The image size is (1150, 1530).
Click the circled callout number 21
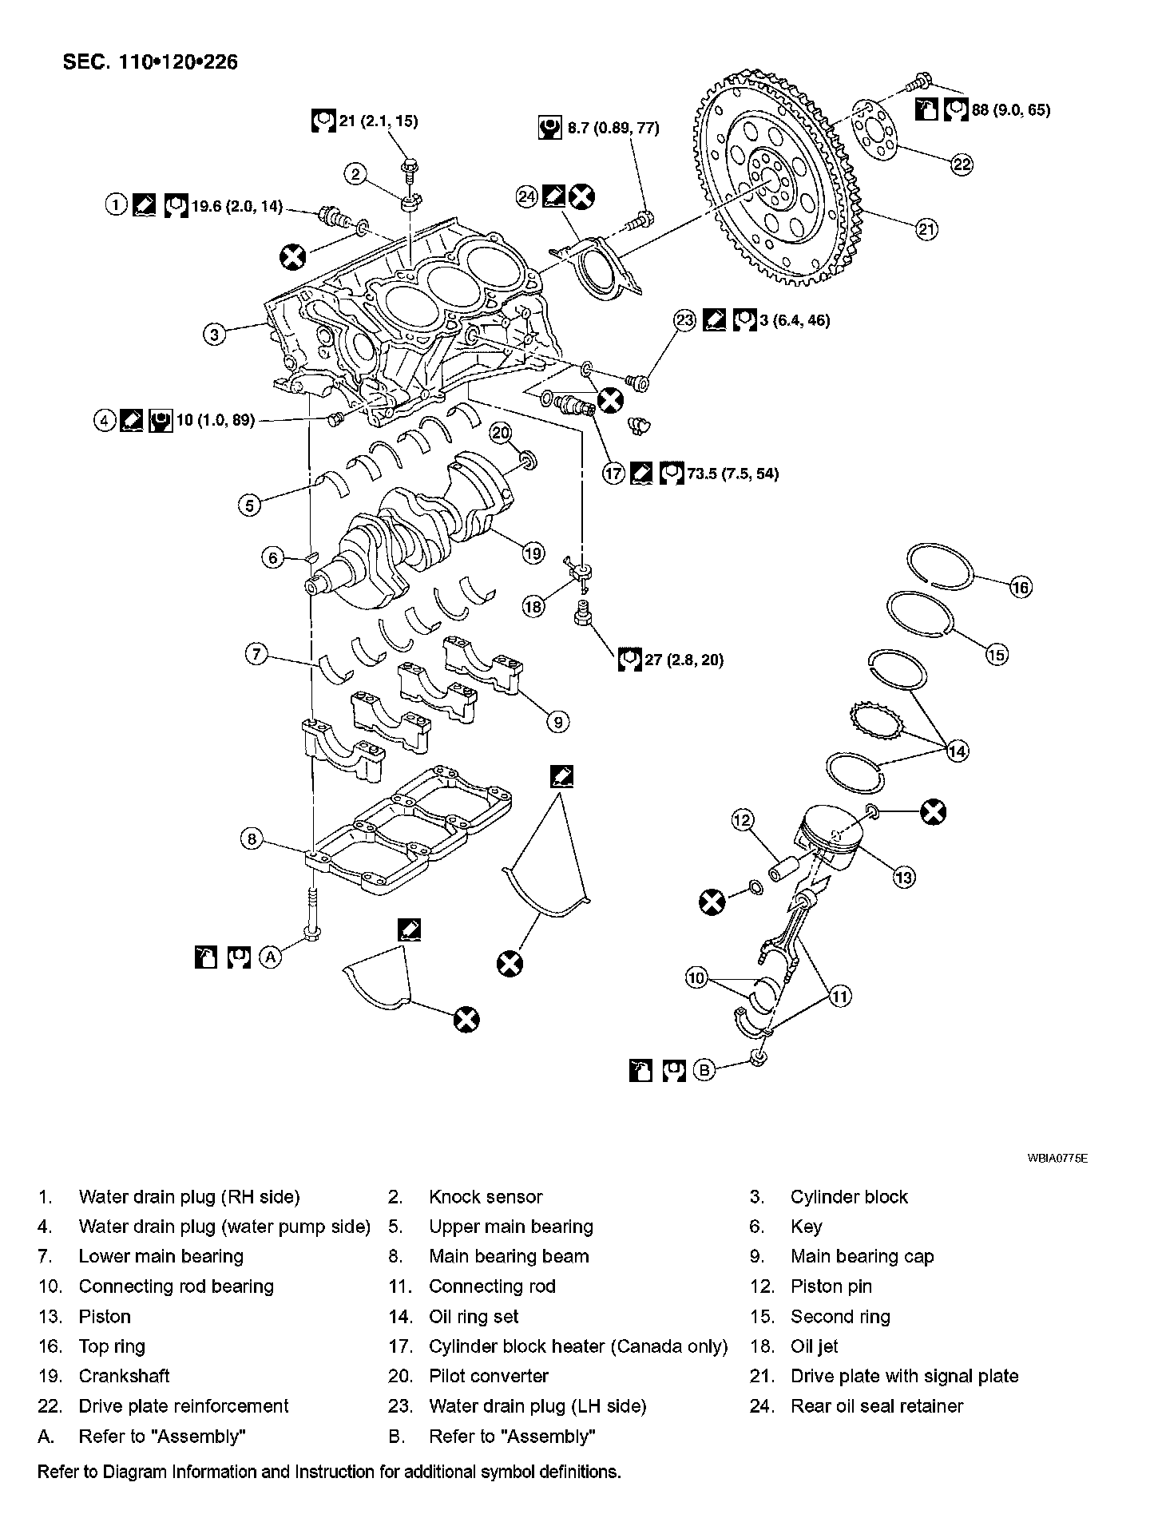[925, 230]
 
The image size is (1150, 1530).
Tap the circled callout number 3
[214, 334]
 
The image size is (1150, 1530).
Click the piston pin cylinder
[785, 870]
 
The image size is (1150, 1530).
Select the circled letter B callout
[704, 1069]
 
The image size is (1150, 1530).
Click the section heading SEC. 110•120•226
[150, 61]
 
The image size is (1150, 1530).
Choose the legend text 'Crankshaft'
[124, 1376]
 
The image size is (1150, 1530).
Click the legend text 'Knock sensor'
[486, 1197]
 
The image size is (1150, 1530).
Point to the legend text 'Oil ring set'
[474, 1317]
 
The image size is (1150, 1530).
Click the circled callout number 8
[252, 838]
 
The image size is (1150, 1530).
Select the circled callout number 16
[1021, 588]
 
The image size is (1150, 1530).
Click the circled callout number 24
[527, 196]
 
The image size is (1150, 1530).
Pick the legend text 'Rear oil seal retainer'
[877, 1406]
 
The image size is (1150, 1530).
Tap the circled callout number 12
[742, 819]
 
